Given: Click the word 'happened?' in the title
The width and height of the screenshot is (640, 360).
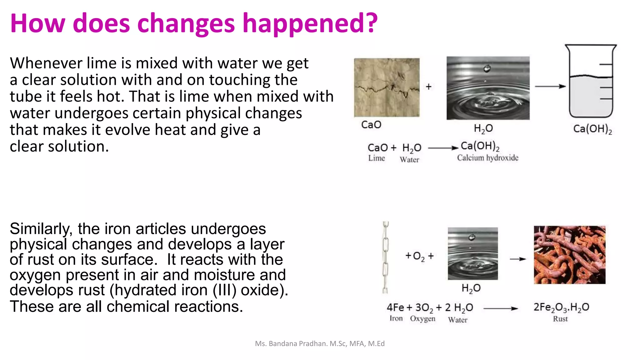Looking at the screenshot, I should coord(310,24).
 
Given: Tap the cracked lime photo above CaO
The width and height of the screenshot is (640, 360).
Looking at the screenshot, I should coord(387,87).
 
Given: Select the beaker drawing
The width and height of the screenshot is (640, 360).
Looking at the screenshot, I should coord(591,81).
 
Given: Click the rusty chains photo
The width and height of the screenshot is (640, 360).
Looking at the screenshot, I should coord(569,255).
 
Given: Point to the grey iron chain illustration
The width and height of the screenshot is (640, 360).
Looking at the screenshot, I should coord(386,257).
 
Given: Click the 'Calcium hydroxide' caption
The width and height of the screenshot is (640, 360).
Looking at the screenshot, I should coord(487,158).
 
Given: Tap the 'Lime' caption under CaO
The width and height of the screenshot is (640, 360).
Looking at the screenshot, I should coord(376,158).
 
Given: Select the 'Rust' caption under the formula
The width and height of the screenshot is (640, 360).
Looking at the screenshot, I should coord(560,319).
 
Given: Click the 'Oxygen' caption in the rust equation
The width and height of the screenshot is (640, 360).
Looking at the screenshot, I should coord(422,319).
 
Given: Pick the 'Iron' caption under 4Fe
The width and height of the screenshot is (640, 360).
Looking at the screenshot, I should coord(396,318).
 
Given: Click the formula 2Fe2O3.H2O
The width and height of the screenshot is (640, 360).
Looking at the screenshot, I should coord(561,307).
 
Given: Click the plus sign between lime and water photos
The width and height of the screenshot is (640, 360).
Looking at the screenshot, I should coord(429,87).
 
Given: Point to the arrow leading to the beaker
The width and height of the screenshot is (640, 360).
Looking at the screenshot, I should coord(550,86).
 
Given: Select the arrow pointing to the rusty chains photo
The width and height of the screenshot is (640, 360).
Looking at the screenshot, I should coord(518,259).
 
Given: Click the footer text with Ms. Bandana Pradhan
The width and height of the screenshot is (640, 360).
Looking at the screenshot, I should coord(320,344).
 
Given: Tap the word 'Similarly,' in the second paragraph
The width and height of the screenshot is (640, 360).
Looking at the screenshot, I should coord(41,229).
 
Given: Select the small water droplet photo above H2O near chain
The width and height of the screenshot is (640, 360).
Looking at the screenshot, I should coord(472,253).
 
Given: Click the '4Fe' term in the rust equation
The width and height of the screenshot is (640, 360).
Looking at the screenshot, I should coord(395,307).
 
